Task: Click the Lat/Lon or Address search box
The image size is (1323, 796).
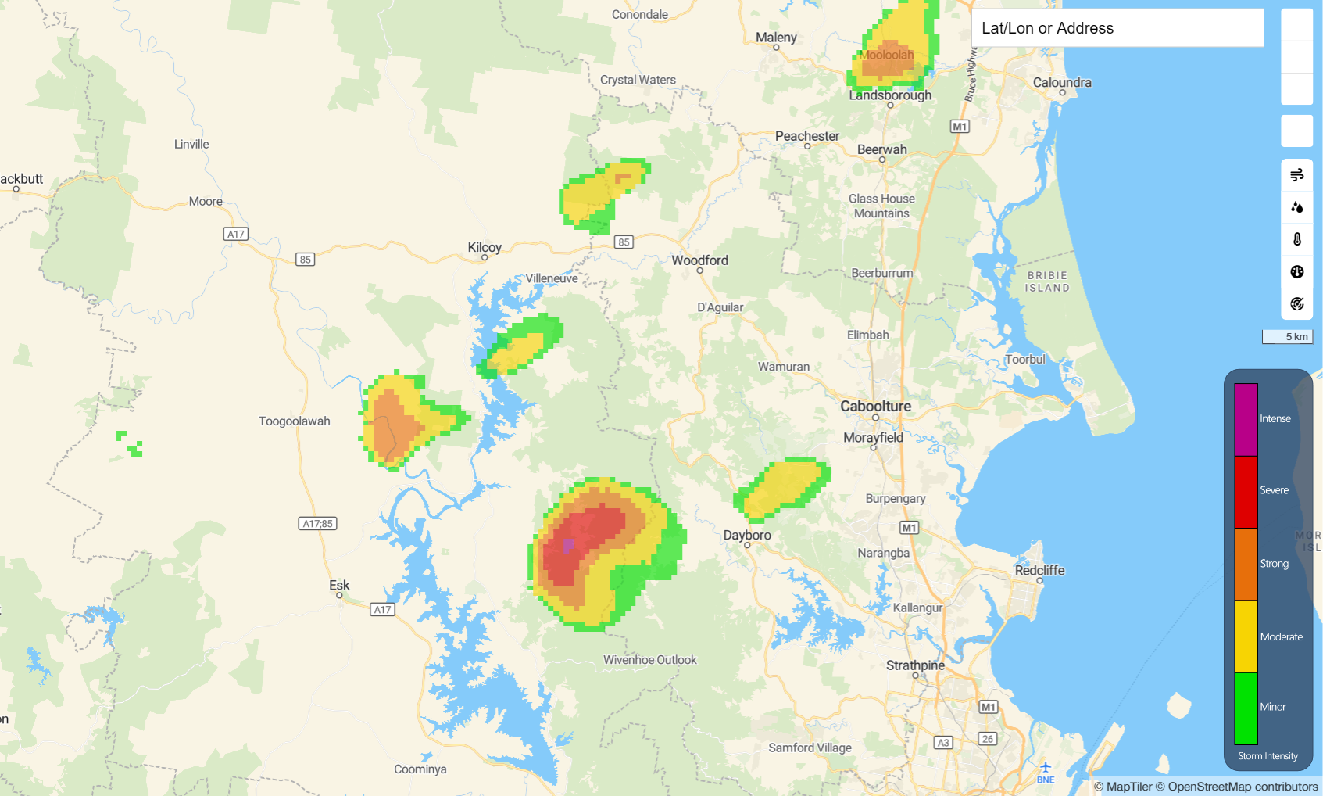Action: [1117, 28]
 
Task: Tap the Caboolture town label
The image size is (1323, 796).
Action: [875, 406]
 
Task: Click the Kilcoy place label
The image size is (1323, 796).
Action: [485, 247]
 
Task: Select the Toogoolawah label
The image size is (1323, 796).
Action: [295, 421]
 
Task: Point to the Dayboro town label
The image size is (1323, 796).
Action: [747, 535]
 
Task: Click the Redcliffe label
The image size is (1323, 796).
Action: [1039, 570]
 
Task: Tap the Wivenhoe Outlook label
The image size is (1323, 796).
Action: [649, 660]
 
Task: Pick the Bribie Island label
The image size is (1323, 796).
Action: [1047, 281]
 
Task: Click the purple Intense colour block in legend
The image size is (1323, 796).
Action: [1246, 419]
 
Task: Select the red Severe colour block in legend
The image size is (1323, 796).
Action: [1246, 492]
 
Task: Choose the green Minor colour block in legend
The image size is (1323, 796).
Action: [1246, 708]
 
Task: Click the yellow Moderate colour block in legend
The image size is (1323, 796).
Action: [1246, 636]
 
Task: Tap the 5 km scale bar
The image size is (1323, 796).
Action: [1287, 337]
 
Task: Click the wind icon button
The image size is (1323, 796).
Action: [1297, 175]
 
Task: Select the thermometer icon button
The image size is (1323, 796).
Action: [1297, 239]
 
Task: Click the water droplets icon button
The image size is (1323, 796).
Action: [1297, 207]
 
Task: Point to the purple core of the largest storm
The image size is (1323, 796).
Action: [568, 545]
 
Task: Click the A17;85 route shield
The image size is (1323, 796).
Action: [318, 524]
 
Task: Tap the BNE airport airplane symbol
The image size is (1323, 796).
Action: [1046, 767]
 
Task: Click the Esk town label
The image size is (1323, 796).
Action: [339, 585]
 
